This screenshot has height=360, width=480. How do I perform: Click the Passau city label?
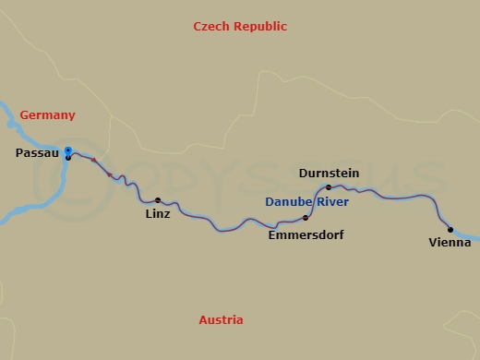(x=38, y=153)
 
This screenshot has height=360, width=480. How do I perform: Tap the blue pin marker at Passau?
(x=67, y=151)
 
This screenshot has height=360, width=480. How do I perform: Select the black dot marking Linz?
(x=158, y=200)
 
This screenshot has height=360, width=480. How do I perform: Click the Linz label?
(x=158, y=214)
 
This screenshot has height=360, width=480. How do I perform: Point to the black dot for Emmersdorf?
(x=306, y=218)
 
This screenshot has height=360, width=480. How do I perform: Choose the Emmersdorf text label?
(x=306, y=235)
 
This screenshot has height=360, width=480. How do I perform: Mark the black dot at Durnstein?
(x=329, y=187)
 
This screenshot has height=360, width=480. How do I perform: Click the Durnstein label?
(x=329, y=174)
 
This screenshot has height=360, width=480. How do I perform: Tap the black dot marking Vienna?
(x=450, y=230)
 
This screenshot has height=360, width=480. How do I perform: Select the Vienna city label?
(x=450, y=243)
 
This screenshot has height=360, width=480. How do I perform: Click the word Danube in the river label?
(x=284, y=201)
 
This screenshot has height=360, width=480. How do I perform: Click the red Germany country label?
(x=47, y=115)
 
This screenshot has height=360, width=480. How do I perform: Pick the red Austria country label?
(x=222, y=320)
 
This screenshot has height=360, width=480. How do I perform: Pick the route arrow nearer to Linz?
(x=111, y=174)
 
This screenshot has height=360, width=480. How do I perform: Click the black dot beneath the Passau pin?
(x=67, y=158)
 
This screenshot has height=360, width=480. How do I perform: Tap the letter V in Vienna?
(x=433, y=243)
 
